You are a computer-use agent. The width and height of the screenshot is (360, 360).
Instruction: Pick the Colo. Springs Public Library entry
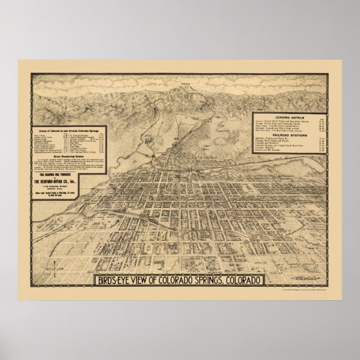point(88,153)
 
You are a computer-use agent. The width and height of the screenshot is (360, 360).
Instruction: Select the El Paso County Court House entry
point(88,141)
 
